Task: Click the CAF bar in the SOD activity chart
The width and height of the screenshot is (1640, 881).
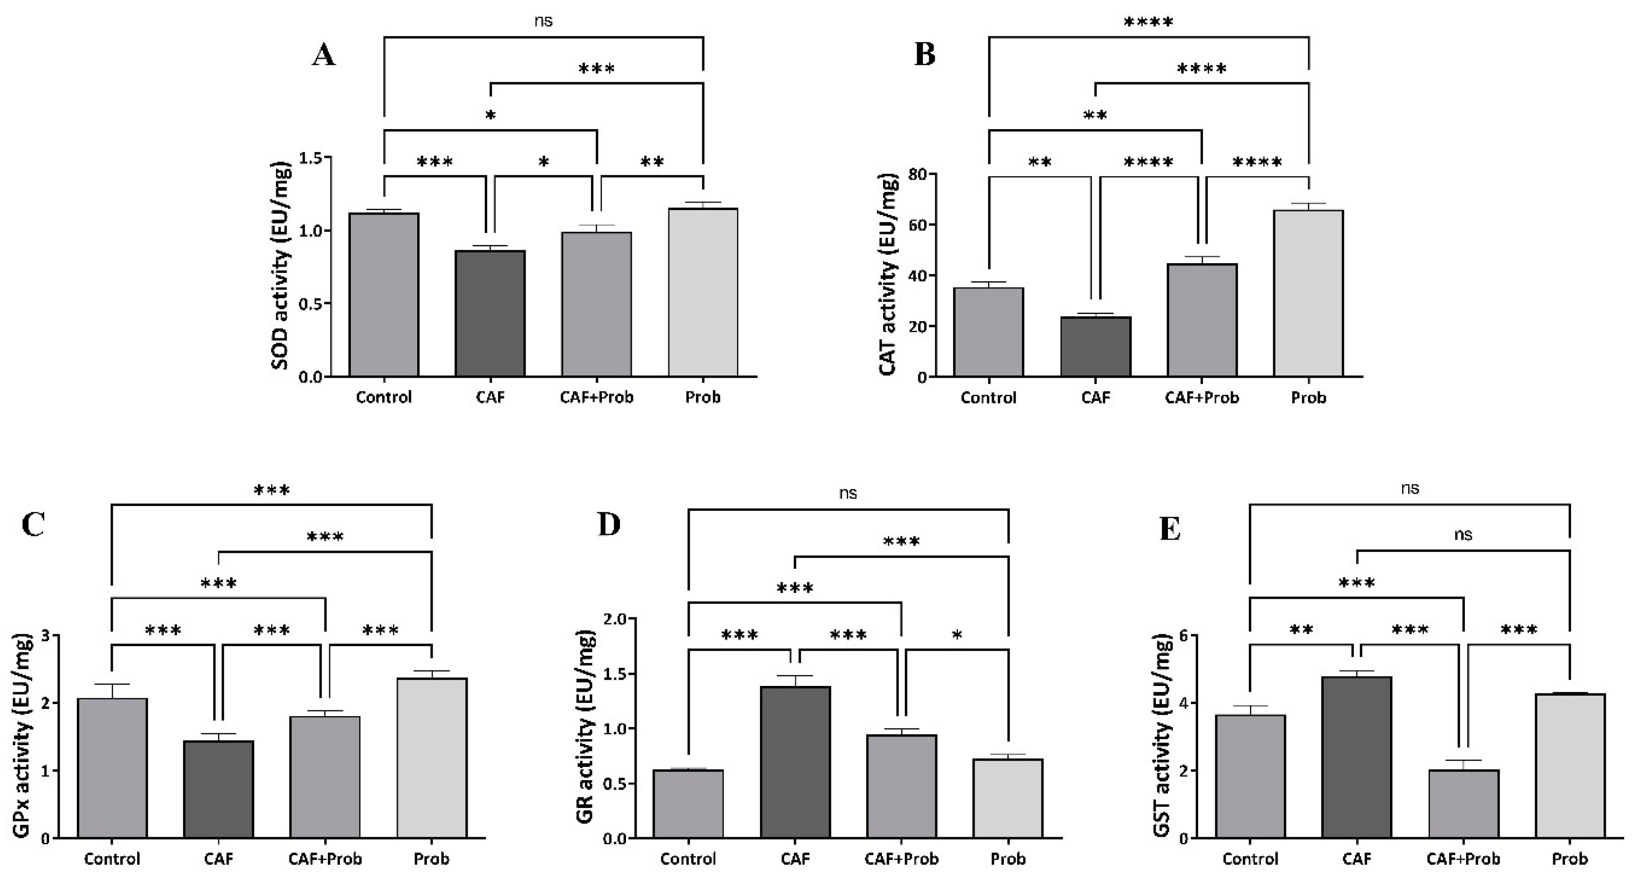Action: [490, 313]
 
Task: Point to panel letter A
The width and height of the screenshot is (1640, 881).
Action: [323, 56]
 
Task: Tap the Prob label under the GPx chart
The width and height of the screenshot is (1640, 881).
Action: [431, 859]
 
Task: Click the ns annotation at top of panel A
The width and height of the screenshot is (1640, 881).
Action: [543, 21]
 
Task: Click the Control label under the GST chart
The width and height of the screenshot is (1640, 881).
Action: [1250, 859]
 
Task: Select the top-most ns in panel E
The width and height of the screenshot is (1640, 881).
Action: [1410, 488]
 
